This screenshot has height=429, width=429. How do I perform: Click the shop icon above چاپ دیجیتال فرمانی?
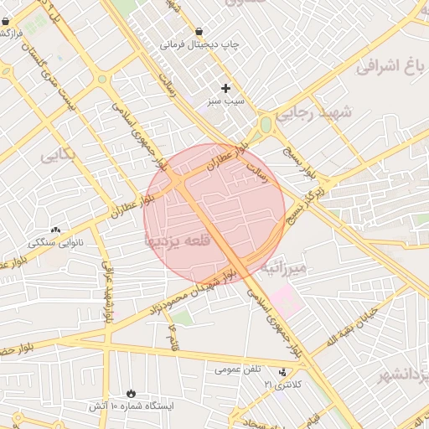(x=198, y=31)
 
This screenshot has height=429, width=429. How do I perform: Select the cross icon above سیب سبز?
(x=225, y=87)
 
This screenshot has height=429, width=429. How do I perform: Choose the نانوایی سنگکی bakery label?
(x=56, y=242)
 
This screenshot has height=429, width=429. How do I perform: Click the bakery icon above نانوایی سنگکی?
(x=56, y=230)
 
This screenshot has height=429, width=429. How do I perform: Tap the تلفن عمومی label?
(x=238, y=369)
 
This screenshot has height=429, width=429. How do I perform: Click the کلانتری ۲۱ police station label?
(x=282, y=384)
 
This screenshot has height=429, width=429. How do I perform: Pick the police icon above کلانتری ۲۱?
(x=282, y=372)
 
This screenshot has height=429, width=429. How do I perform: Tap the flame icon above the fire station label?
(x=130, y=393)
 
